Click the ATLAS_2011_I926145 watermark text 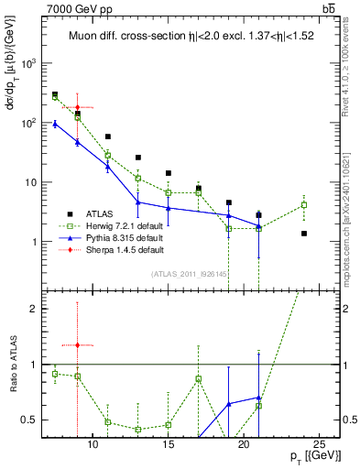click(x=190, y=273)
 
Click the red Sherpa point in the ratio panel click(x=77, y=344)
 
